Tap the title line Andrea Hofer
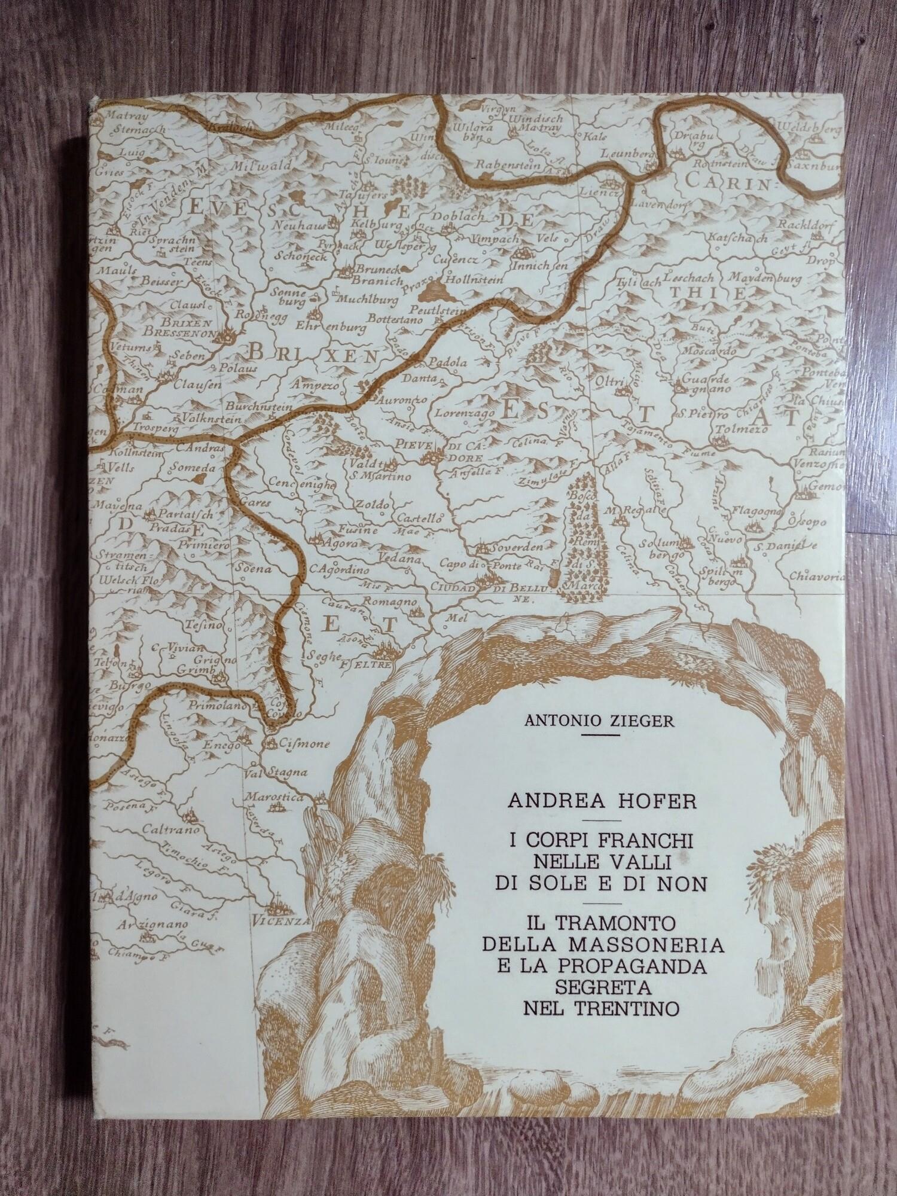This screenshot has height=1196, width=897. coord(602,800)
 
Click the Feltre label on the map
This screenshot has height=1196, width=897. coord(370,664)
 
